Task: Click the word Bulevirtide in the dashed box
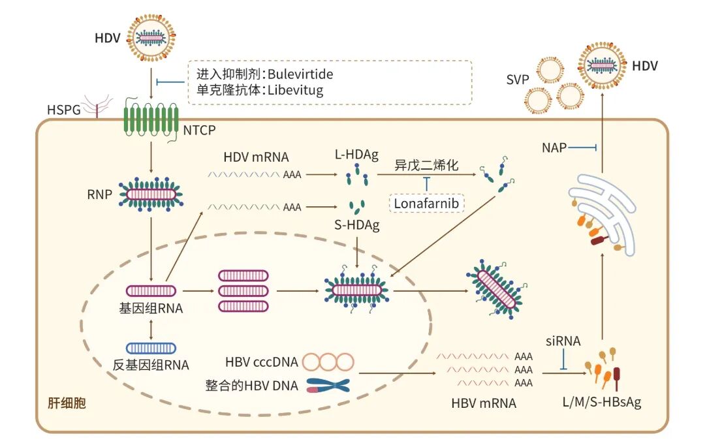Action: click(300, 74)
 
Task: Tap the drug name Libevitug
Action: click(296, 90)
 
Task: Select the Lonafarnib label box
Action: click(426, 204)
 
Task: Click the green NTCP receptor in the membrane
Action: click(151, 121)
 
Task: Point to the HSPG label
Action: click(64, 110)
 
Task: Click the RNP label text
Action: click(99, 194)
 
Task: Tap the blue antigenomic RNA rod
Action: click(151, 348)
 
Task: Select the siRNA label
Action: click(563, 341)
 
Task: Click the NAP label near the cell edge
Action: click(554, 147)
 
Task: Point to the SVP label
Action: click(518, 80)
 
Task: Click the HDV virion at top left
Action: click(151, 38)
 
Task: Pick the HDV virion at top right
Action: click(602, 65)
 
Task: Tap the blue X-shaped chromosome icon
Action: click(328, 386)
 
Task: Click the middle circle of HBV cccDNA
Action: click(328, 362)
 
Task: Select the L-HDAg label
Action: click(356, 155)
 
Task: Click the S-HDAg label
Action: click(357, 224)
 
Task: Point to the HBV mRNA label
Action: click(483, 403)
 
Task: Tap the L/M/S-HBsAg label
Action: click(602, 401)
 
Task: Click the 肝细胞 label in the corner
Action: click(67, 403)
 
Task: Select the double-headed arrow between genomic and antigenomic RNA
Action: click(151, 330)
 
